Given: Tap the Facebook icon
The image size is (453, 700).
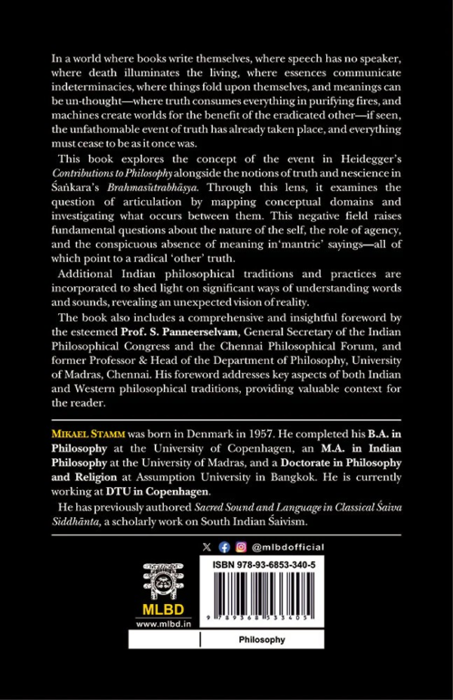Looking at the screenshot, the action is [223, 548].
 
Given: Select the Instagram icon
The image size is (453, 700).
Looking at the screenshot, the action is [239, 548].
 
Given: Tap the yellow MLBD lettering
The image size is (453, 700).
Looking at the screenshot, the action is [157, 609].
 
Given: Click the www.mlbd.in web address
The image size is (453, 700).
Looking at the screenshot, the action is [158, 624].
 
